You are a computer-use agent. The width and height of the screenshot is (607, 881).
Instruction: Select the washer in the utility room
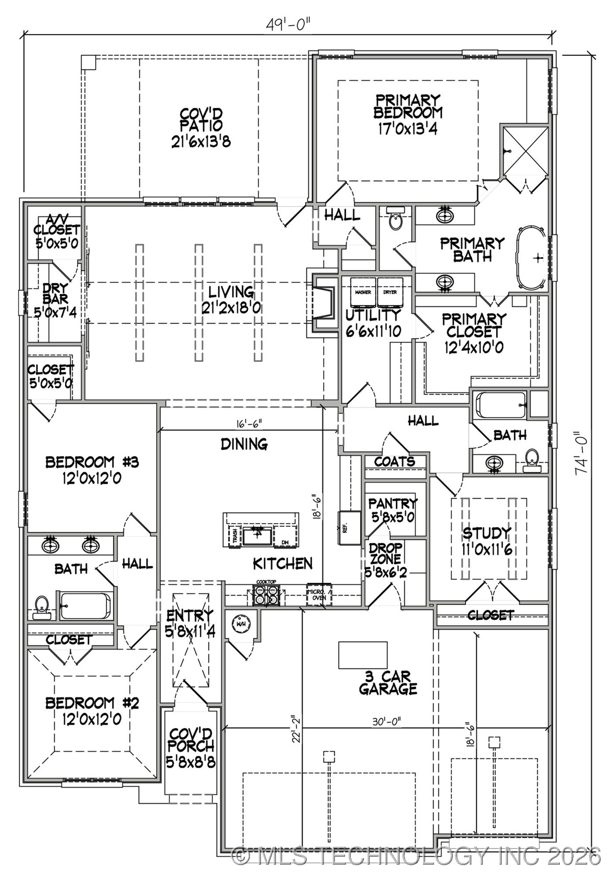pyautogui.click(x=363, y=292)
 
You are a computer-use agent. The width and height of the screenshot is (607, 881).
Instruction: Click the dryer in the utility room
pyautogui.click(x=390, y=292)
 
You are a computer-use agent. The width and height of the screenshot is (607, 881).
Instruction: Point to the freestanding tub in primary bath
pyautogui.click(x=531, y=258)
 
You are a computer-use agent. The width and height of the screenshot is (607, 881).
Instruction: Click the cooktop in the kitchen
pyautogui.click(x=266, y=596)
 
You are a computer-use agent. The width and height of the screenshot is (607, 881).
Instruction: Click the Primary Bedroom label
pyautogui.click(x=408, y=114)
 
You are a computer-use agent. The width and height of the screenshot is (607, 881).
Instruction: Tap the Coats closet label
pyautogui.click(x=395, y=461)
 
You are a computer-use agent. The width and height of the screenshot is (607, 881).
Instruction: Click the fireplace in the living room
pyautogui.click(x=324, y=302)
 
